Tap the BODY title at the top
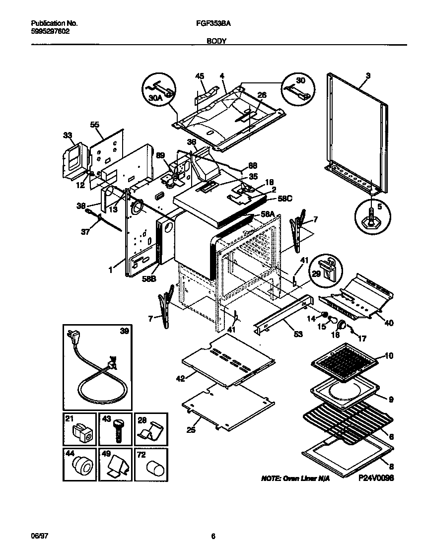216,42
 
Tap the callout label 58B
149,279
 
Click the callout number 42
180,378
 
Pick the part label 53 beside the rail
298,334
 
